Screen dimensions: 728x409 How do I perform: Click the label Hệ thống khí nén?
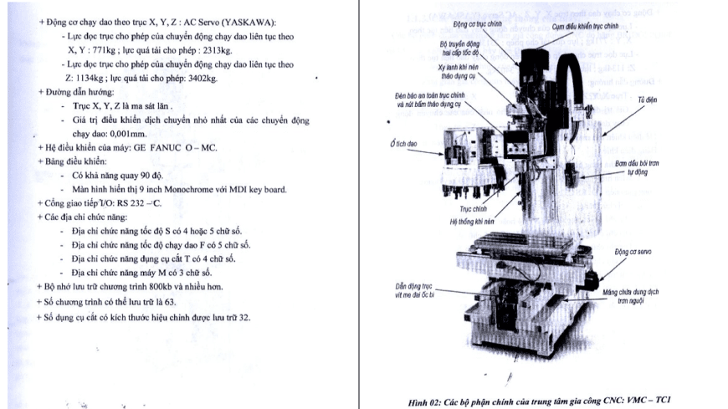449,222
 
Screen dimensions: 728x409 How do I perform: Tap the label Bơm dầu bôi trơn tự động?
643,163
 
